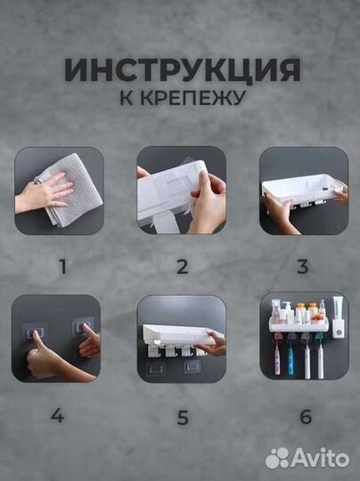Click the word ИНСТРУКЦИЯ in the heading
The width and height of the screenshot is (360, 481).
(181, 69)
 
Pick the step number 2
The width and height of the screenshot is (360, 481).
(182, 265)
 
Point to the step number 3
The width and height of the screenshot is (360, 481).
(303, 265)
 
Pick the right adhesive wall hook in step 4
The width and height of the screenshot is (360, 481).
(85, 329)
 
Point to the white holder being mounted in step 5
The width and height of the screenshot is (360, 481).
(178, 337)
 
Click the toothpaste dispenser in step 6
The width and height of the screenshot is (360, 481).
(338, 317)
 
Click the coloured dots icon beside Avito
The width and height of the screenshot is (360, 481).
(279, 457)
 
